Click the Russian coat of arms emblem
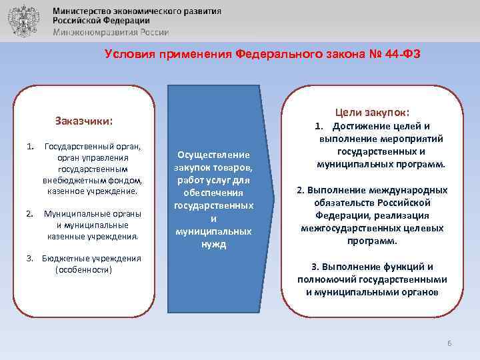[x=22, y=21]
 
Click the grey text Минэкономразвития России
[x=111, y=32]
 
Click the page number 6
[x=449, y=343]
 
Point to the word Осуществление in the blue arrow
[x=213, y=155]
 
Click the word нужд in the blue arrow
[x=213, y=244]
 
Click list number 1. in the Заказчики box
[x=29, y=146]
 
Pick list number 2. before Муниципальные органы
[x=29, y=214]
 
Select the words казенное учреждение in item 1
[x=92, y=191]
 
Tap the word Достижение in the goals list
[x=365, y=127]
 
